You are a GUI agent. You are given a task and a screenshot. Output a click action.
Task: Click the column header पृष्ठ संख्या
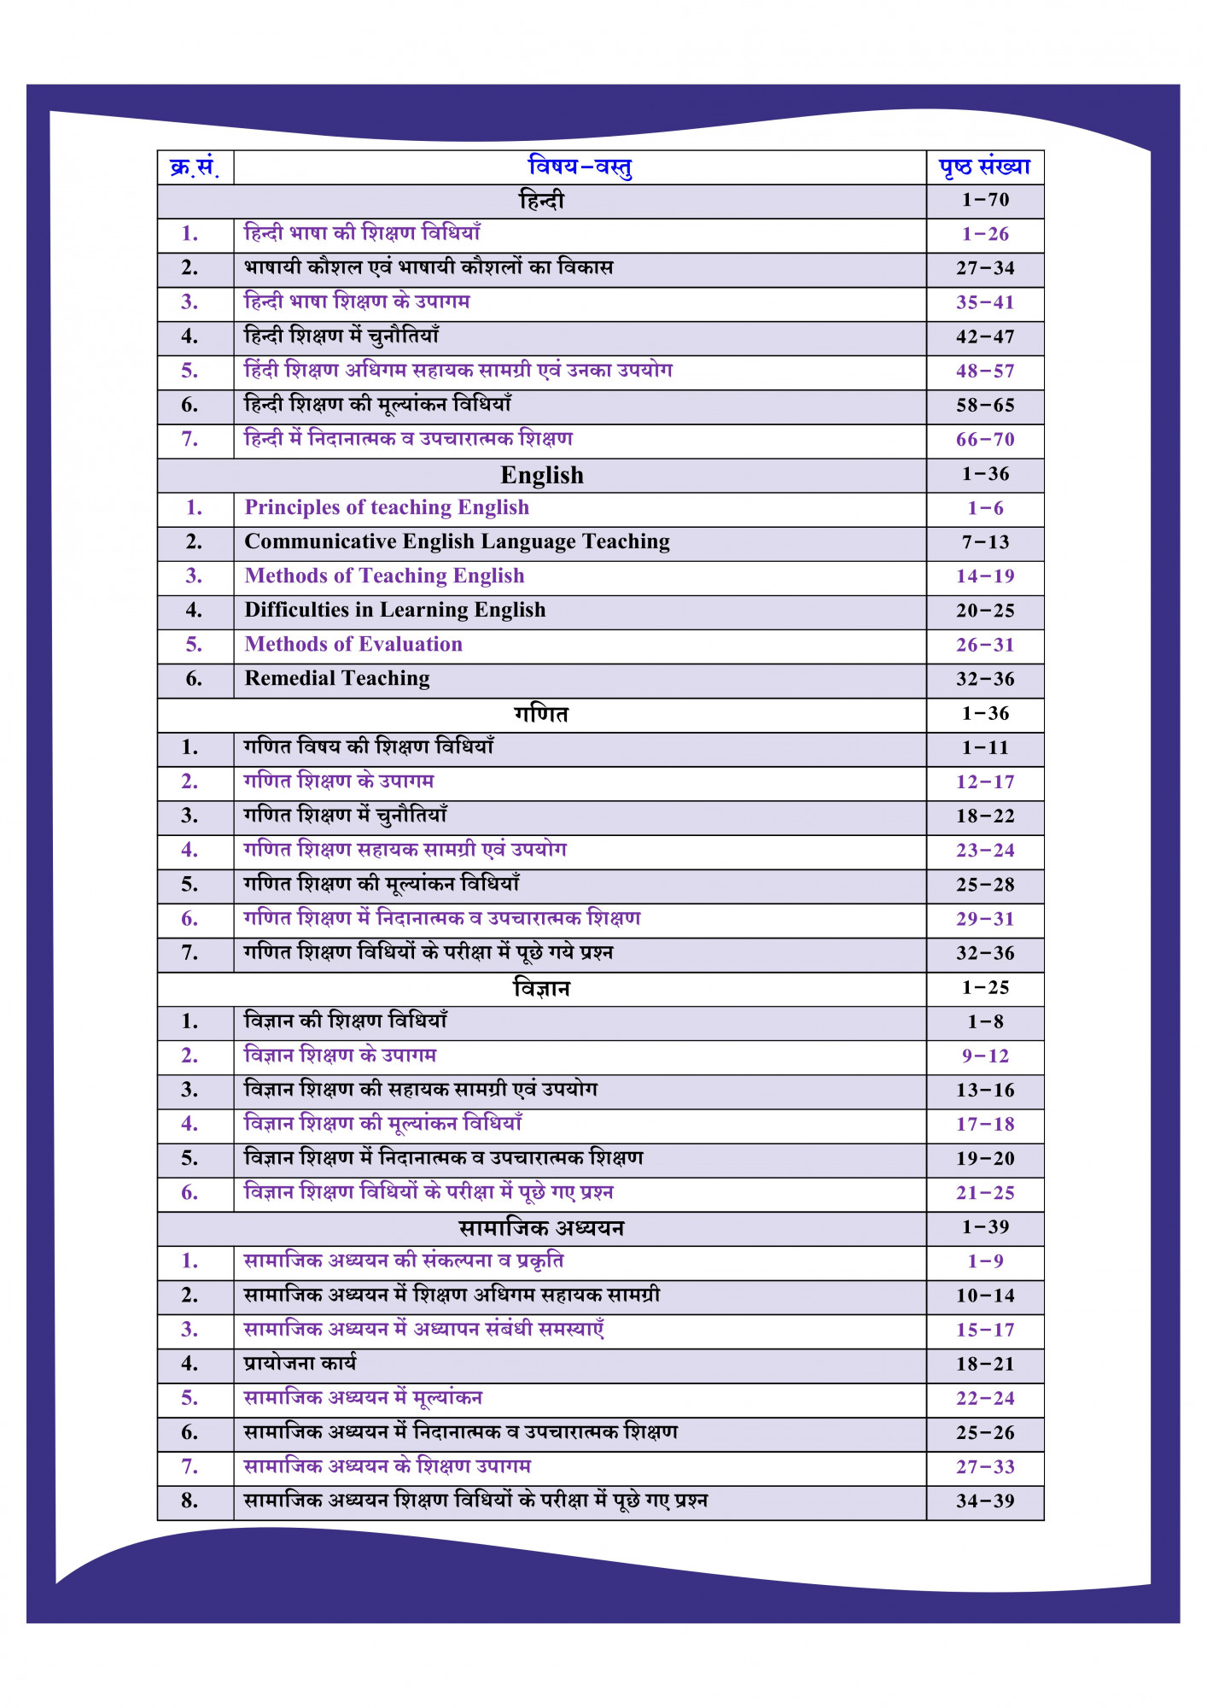(x=984, y=167)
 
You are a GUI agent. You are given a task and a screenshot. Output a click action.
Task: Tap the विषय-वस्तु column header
(x=580, y=167)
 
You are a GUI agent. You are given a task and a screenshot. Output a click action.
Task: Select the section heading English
(x=542, y=475)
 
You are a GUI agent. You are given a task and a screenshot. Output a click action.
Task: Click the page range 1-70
(x=985, y=200)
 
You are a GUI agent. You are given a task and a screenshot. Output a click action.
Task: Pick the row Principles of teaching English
(x=387, y=507)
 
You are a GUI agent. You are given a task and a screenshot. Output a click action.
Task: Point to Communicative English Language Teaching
(x=457, y=541)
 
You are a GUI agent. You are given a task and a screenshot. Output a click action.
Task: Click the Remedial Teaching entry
(x=337, y=678)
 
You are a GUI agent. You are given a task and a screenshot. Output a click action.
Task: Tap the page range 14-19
(x=985, y=576)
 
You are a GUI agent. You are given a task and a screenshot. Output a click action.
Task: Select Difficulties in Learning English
(x=394, y=610)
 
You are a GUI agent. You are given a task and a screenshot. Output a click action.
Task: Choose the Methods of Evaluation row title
(x=353, y=644)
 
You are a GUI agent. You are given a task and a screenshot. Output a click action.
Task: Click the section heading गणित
(x=541, y=714)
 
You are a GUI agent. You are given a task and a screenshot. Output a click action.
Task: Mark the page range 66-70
(x=985, y=440)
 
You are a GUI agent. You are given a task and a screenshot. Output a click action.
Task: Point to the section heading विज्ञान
(x=541, y=988)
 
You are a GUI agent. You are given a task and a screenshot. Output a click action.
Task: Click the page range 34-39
(x=985, y=1501)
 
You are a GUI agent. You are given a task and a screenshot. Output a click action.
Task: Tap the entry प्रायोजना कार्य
(x=300, y=1364)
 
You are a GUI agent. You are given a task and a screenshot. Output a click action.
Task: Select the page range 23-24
(x=985, y=851)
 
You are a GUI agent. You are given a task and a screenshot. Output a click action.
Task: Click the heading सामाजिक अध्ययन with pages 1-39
(x=541, y=1228)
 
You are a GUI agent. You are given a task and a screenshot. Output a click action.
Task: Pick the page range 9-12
(x=985, y=1056)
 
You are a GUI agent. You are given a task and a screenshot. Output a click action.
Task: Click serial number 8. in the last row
(x=190, y=1501)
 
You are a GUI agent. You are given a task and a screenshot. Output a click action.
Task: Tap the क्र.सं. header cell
(x=195, y=167)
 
